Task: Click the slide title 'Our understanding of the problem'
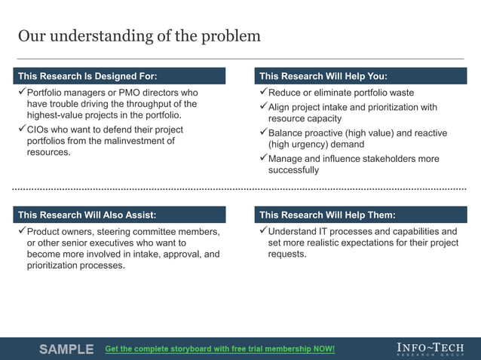click(x=139, y=36)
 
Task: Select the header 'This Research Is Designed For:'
click(x=87, y=76)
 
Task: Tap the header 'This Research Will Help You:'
click(x=323, y=76)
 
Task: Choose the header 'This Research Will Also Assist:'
click(x=87, y=215)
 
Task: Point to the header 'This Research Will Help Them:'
click(x=327, y=215)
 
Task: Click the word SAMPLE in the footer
click(x=66, y=349)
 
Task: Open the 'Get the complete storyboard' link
click(x=219, y=349)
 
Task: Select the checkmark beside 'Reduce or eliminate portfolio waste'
click(x=262, y=92)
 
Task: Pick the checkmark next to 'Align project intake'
click(x=262, y=107)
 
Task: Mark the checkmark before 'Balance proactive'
click(x=262, y=133)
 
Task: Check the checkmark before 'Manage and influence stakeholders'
click(x=262, y=158)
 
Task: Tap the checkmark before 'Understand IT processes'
click(x=262, y=231)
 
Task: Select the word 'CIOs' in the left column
click(x=38, y=130)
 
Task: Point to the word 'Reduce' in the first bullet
click(x=284, y=93)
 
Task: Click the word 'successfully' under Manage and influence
click(x=293, y=170)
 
